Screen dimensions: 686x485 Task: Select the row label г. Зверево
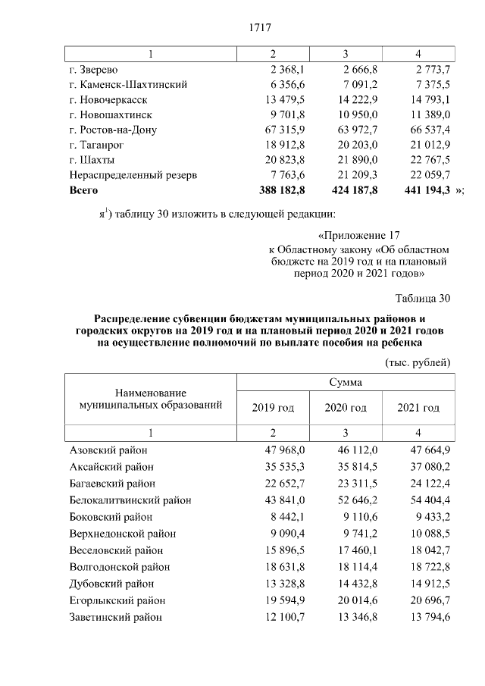tap(93, 70)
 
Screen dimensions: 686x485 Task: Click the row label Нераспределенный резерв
tap(133, 175)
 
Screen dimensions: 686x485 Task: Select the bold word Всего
tap(84, 190)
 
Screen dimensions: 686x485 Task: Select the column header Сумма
tap(345, 383)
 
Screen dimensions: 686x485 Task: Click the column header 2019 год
tap(273, 408)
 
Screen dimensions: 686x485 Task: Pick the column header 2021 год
tap(418, 408)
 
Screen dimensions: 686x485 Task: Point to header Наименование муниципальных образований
tap(150, 399)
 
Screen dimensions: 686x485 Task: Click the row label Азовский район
tap(108, 450)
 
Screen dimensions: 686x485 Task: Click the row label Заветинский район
tap(115, 617)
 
